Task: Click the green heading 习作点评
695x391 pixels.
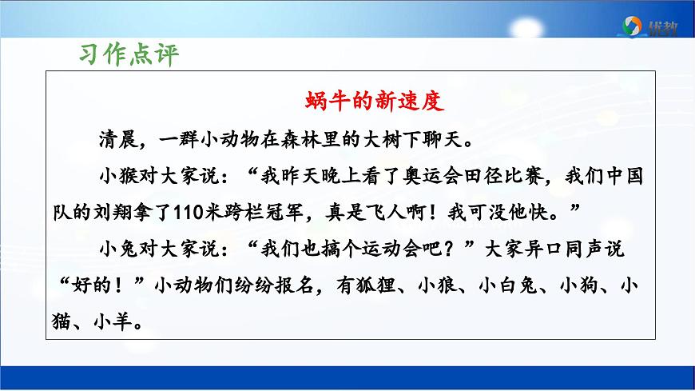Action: click(129, 54)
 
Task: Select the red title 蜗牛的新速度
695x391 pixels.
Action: click(374, 102)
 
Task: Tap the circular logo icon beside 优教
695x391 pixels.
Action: click(631, 26)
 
